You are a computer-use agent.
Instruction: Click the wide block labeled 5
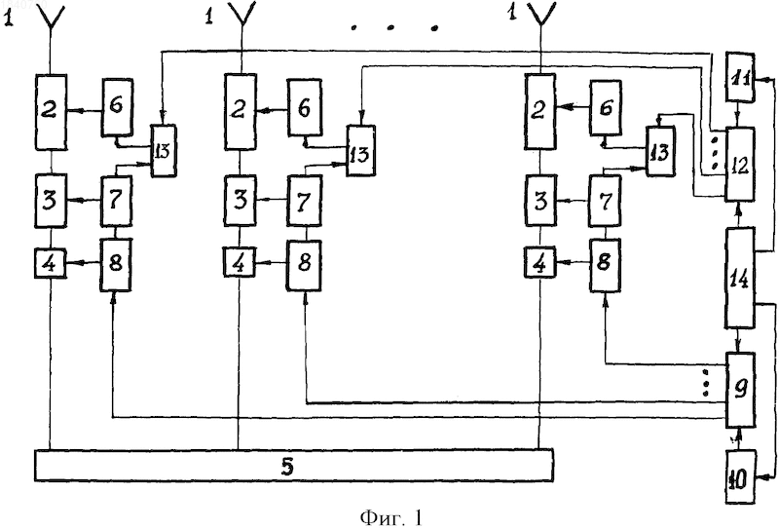coord(294,467)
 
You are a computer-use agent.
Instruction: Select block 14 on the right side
coord(741,278)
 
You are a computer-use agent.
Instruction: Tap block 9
coord(741,390)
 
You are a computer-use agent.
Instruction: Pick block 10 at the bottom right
coord(741,476)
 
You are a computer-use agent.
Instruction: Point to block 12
coord(741,164)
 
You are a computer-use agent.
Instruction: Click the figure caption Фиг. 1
coord(391,517)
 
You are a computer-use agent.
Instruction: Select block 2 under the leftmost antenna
coord(51,112)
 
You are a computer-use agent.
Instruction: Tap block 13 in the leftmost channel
coord(164,151)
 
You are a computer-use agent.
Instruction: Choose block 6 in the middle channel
coord(305,107)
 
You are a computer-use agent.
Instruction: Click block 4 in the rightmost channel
coord(540,262)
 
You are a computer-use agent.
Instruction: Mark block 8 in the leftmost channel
coord(115,264)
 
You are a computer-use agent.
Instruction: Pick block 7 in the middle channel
coord(304,200)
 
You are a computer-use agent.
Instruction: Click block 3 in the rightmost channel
coord(540,200)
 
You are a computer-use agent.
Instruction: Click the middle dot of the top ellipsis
coord(390,28)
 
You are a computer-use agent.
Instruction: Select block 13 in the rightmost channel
coord(660,151)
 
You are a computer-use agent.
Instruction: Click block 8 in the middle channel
coord(304,264)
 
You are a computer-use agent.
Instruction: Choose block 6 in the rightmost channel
coord(605,107)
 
